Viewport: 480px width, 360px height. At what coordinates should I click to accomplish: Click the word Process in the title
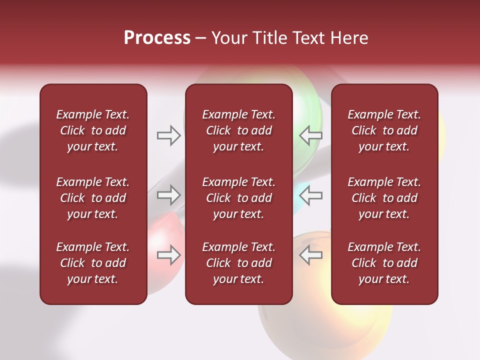point(157,38)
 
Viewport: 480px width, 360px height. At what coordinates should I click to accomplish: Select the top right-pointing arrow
point(168,135)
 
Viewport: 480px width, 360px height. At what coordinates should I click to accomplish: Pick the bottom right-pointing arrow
point(168,255)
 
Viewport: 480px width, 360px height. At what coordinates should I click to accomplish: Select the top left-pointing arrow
point(310,135)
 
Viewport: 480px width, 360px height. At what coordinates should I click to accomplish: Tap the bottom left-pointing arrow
point(310,255)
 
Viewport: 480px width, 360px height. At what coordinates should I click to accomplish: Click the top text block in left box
point(93,130)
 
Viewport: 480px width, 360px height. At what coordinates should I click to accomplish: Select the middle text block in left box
point(93,198)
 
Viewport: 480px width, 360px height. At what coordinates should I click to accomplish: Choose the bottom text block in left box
point(93,263)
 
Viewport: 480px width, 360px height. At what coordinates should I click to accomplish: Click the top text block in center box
point(238,130)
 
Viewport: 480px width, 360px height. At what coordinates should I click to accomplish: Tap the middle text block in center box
point(238,198)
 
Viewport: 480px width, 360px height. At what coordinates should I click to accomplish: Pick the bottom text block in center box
point(238,263)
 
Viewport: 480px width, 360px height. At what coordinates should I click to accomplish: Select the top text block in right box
point(384,130)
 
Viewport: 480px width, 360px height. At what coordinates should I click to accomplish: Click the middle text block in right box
point(384,198)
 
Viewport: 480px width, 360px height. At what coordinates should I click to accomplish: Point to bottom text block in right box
point(384,263)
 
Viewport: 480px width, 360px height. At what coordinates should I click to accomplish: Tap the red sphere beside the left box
point(162,230)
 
